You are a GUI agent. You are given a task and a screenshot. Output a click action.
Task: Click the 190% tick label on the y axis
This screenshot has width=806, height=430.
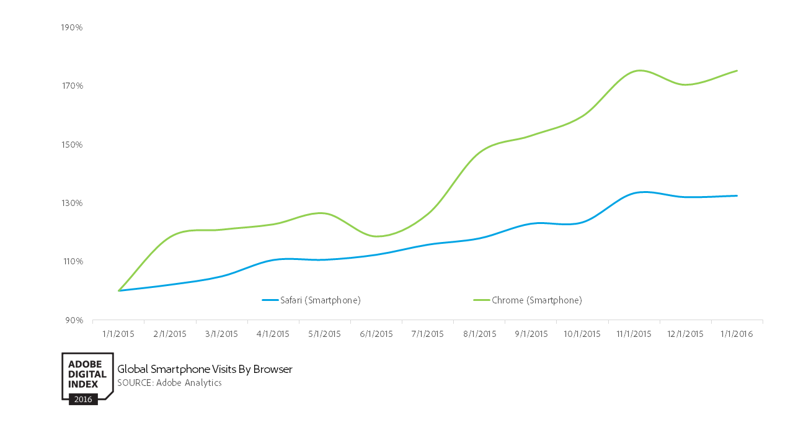(72, 28)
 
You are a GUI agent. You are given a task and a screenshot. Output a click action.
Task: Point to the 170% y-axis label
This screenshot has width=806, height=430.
(72, 86)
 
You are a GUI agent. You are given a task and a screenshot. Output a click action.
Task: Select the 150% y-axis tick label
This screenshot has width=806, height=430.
(72, 145)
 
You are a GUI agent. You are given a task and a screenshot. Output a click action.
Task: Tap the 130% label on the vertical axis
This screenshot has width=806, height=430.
(72, 203)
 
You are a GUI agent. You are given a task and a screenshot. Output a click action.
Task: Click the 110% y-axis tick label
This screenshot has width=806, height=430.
(72, 261)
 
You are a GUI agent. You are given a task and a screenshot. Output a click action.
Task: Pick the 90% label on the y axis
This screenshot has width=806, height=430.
(74, 320)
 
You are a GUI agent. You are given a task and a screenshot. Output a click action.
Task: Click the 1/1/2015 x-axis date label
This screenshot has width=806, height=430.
(118, 334)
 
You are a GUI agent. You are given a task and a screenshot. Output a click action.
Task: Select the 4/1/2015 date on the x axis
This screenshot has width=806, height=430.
(273, 334)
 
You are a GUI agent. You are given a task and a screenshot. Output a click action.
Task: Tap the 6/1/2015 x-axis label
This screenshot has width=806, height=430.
(376, 334)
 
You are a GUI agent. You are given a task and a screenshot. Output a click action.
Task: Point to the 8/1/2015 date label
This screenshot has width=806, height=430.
(479, 334)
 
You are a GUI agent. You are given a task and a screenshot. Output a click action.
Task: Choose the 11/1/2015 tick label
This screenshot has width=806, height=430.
(634, 334)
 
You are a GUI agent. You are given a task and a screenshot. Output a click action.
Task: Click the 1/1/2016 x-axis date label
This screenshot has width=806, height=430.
(737, 334)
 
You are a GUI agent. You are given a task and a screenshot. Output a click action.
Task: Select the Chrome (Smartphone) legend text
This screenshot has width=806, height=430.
(537, 300)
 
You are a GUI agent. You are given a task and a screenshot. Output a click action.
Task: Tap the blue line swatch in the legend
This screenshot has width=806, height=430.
(270, 300)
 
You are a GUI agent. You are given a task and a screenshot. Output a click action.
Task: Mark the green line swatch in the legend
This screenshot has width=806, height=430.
(481, 300)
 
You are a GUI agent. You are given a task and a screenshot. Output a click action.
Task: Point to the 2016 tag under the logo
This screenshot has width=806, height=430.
(83, 399)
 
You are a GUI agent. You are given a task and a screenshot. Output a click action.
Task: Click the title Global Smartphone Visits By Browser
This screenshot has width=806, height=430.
(205, 370)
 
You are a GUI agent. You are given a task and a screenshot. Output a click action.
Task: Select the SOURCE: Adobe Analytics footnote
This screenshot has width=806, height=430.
(169, 383)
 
